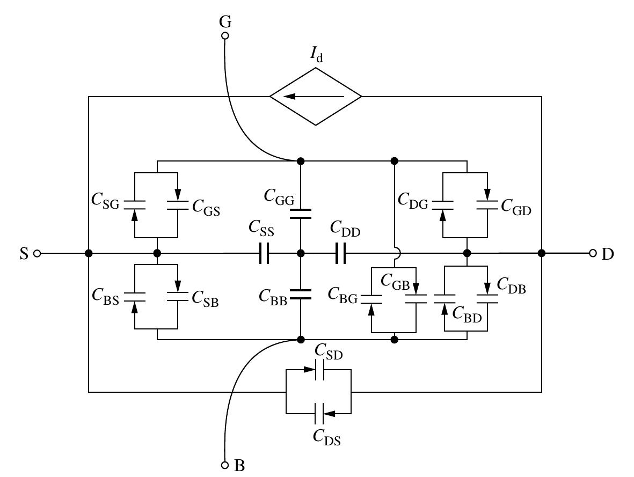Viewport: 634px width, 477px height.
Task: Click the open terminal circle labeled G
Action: [225, 36]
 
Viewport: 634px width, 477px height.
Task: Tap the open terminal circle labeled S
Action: [37, 253]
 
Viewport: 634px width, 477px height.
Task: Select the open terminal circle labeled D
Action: [593, 253]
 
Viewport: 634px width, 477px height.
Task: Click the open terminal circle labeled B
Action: [225, 464]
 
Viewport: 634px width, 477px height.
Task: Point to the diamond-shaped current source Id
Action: [316, 97]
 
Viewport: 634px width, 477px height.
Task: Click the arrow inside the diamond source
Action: [314, 97]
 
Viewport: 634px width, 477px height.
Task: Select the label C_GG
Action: [279, 196]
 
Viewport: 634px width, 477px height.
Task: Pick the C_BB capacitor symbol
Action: [301, 293]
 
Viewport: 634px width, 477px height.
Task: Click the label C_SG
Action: [105, 200]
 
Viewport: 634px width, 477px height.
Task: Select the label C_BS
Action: [105, 295]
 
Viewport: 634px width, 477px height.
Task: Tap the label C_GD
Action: [515, 206]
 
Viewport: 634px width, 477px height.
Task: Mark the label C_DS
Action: [327, 437]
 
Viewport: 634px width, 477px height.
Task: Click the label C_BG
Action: [342, 295]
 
